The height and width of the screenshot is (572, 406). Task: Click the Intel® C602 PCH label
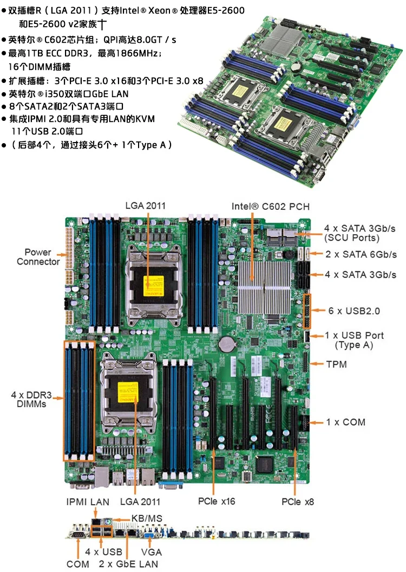(270, 207)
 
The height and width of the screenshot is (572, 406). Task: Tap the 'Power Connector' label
(38, 257)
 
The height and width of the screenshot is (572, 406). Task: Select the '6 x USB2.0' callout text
(354, 311)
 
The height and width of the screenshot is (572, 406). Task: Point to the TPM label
(337, 364)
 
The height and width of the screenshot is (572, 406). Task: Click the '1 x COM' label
(345, 422)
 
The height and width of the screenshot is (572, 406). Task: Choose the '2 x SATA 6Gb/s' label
(361, 254)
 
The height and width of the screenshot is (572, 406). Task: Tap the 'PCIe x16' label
(217, 501)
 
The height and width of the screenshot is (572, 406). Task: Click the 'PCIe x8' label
(298, 502)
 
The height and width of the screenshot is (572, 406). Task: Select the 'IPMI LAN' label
(88, 502)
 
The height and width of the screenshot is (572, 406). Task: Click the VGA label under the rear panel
(152, 552)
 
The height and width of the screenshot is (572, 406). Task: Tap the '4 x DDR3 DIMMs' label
(31, 400)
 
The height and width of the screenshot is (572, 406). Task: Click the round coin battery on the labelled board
(226, 343)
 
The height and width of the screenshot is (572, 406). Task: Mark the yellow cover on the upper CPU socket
(154, 286)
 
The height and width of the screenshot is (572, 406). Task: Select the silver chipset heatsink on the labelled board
(265, 287)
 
